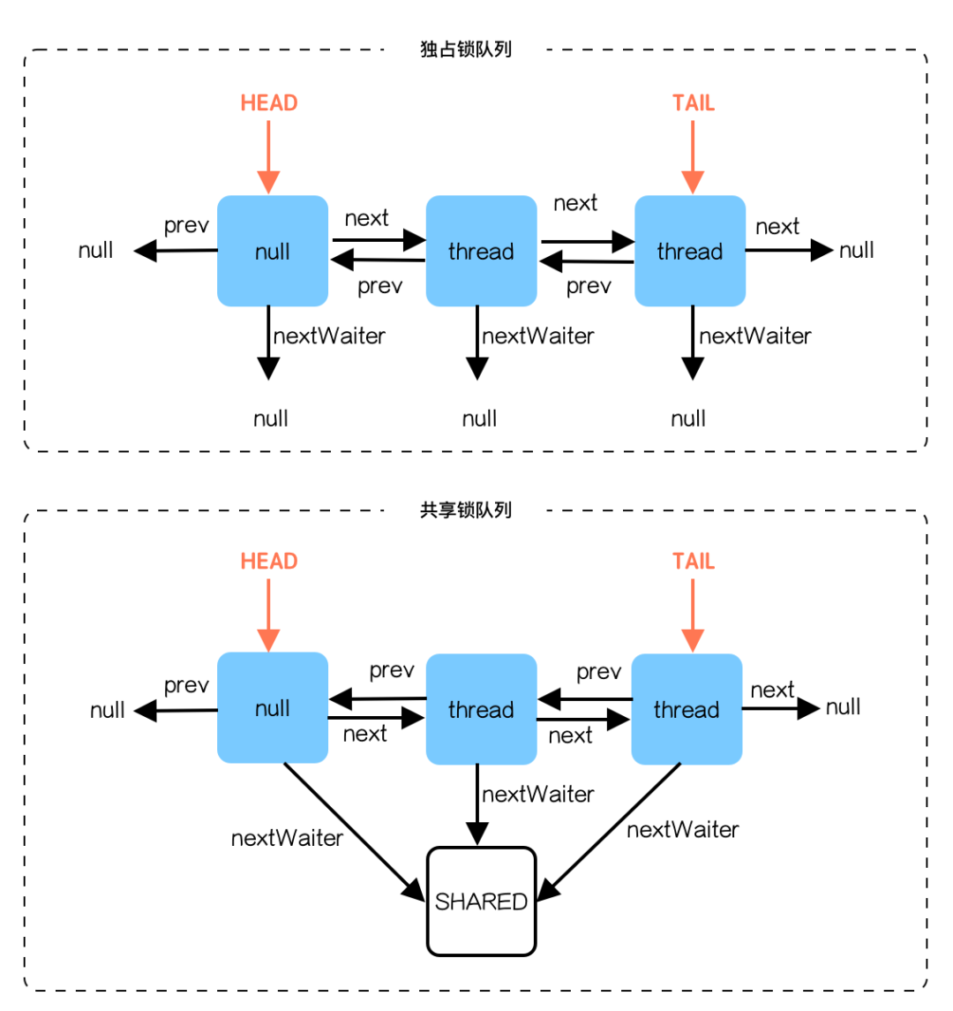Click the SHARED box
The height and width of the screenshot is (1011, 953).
[481, 902]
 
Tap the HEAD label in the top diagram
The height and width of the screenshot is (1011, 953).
[269, 103]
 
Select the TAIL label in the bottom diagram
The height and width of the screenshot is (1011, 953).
[694, 562]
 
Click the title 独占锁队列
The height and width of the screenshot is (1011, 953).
[466, 49]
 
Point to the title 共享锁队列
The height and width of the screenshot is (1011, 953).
[466, 510]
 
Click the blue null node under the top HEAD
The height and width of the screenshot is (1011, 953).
[273, 252]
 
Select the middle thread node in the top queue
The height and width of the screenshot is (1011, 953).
[481, 252]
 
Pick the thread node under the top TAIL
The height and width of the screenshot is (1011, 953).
[690, 252]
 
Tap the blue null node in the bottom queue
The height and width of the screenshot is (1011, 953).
[273, 709]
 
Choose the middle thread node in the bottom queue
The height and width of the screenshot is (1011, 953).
[481, 709]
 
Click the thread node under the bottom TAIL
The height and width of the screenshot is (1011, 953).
[687, 709]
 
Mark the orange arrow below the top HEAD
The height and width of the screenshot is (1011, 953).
[268, 156]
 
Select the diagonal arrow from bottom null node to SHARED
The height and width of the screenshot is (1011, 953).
[353, 831]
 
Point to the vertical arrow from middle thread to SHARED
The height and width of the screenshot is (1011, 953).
[477, 804]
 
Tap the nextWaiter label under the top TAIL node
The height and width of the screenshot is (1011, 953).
[755, 336]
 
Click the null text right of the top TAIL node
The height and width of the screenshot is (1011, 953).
[857, 251]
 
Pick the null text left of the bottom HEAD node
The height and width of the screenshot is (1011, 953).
[108, 710]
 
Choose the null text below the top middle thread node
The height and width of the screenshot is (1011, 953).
[480, 419]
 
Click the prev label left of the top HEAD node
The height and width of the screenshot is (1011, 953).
[186, 226]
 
